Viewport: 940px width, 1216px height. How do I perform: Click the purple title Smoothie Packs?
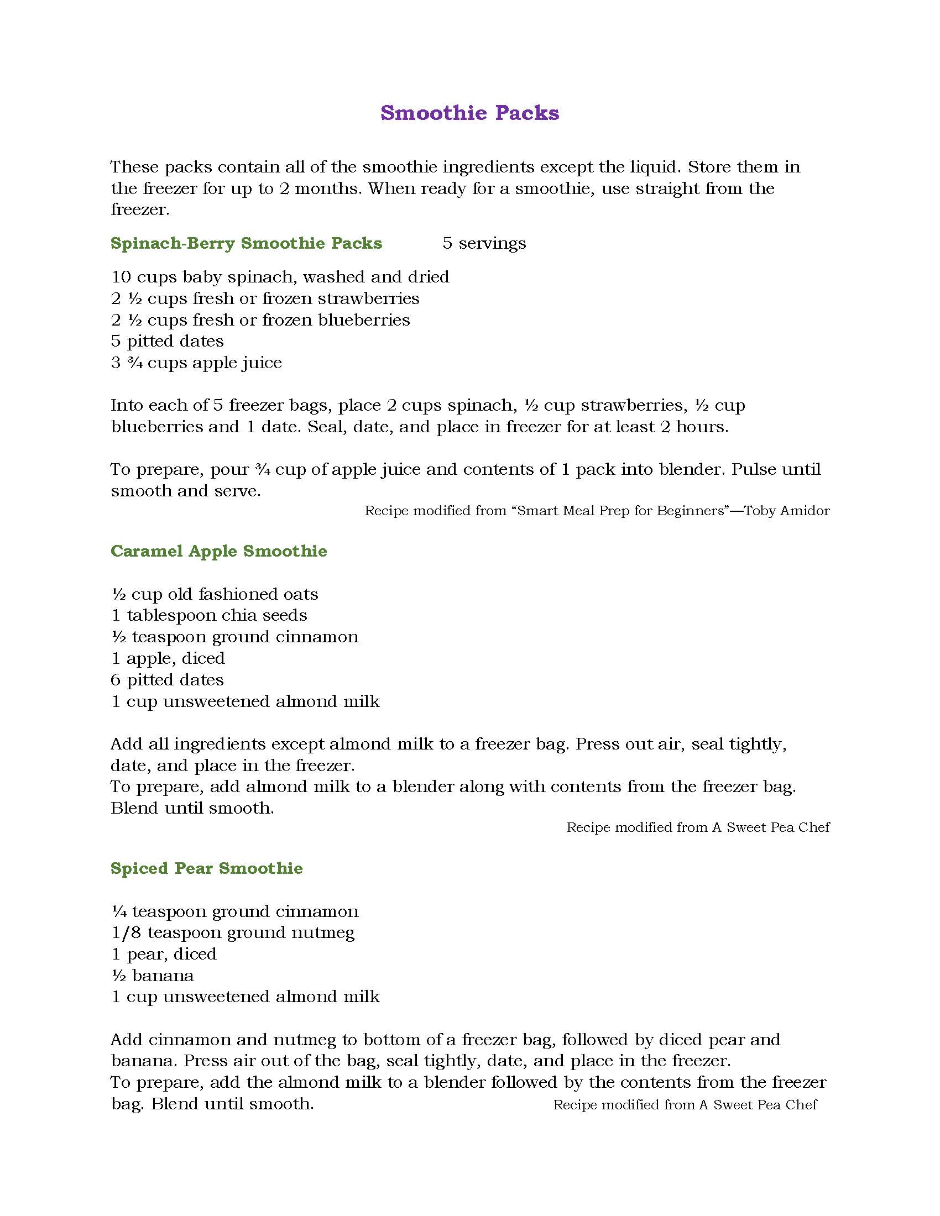[x=469, y=113]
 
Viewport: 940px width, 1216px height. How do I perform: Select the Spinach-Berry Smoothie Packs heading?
[x=246, y=243]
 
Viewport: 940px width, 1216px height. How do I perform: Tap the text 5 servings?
[x=484, y=243]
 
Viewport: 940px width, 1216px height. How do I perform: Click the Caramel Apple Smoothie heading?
[x=219, y=551]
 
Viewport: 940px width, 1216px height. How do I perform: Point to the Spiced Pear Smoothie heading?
[x=207, y=868]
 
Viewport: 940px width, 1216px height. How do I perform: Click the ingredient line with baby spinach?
[x=280, y=277]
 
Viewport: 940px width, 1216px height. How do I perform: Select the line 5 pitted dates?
[x=167, y=340]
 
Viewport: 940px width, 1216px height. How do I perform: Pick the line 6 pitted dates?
[x=167, y=680]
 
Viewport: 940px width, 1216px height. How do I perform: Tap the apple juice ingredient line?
[x=196, y=363]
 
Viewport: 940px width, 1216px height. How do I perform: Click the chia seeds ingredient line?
[x=209, y=615]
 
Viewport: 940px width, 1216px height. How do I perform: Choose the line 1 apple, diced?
[x=168, y=658]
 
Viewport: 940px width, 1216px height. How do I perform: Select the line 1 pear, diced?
[x=164, y=955]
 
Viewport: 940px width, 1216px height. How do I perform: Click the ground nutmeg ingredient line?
[x=233, y=932]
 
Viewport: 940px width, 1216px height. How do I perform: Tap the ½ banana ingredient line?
[x=153, y=976]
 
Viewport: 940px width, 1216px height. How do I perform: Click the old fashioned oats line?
[x=215, y=594]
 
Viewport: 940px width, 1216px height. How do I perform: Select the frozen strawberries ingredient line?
[x=265, y=298]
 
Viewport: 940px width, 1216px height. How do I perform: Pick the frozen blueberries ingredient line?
[x=260, y=320]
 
